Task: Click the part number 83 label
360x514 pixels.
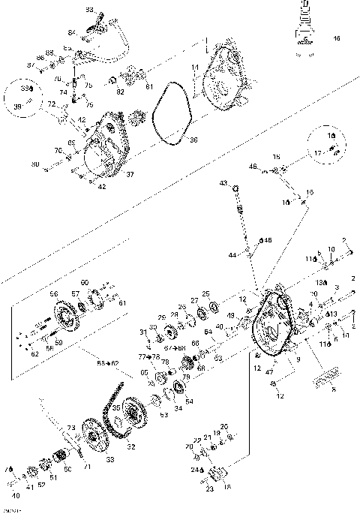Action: [x=88, y=10]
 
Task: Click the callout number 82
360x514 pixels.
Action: [x=120, y=91]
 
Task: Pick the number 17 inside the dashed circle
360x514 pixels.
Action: [x=319, y=152]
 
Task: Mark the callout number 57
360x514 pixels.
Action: [x=76, y=293]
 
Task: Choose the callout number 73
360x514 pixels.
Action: [x=70, y=428]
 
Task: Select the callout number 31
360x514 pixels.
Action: [x=142, y=332]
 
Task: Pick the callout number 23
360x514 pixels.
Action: [x=208, y=488]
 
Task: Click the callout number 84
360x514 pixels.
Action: [x=72, y=32]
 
